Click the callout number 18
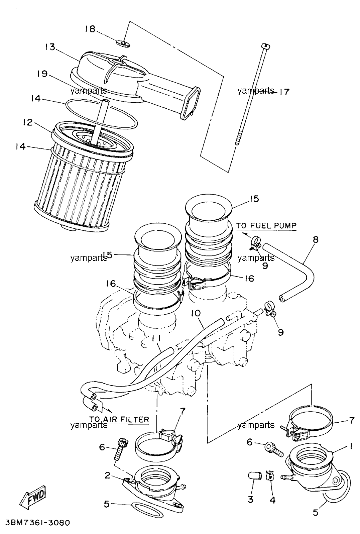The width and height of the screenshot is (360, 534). point(90,29)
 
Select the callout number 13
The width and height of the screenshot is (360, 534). point(50,47)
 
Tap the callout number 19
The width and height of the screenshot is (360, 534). point(42,74)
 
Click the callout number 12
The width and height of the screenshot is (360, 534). point(28,122)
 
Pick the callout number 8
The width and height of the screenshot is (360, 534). point(316,239)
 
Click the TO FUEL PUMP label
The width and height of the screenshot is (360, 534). point(266,225)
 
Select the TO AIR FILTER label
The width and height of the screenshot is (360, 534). point(119,419)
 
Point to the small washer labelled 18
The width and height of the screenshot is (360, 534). point(123,43)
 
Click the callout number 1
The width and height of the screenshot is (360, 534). point(351,446)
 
